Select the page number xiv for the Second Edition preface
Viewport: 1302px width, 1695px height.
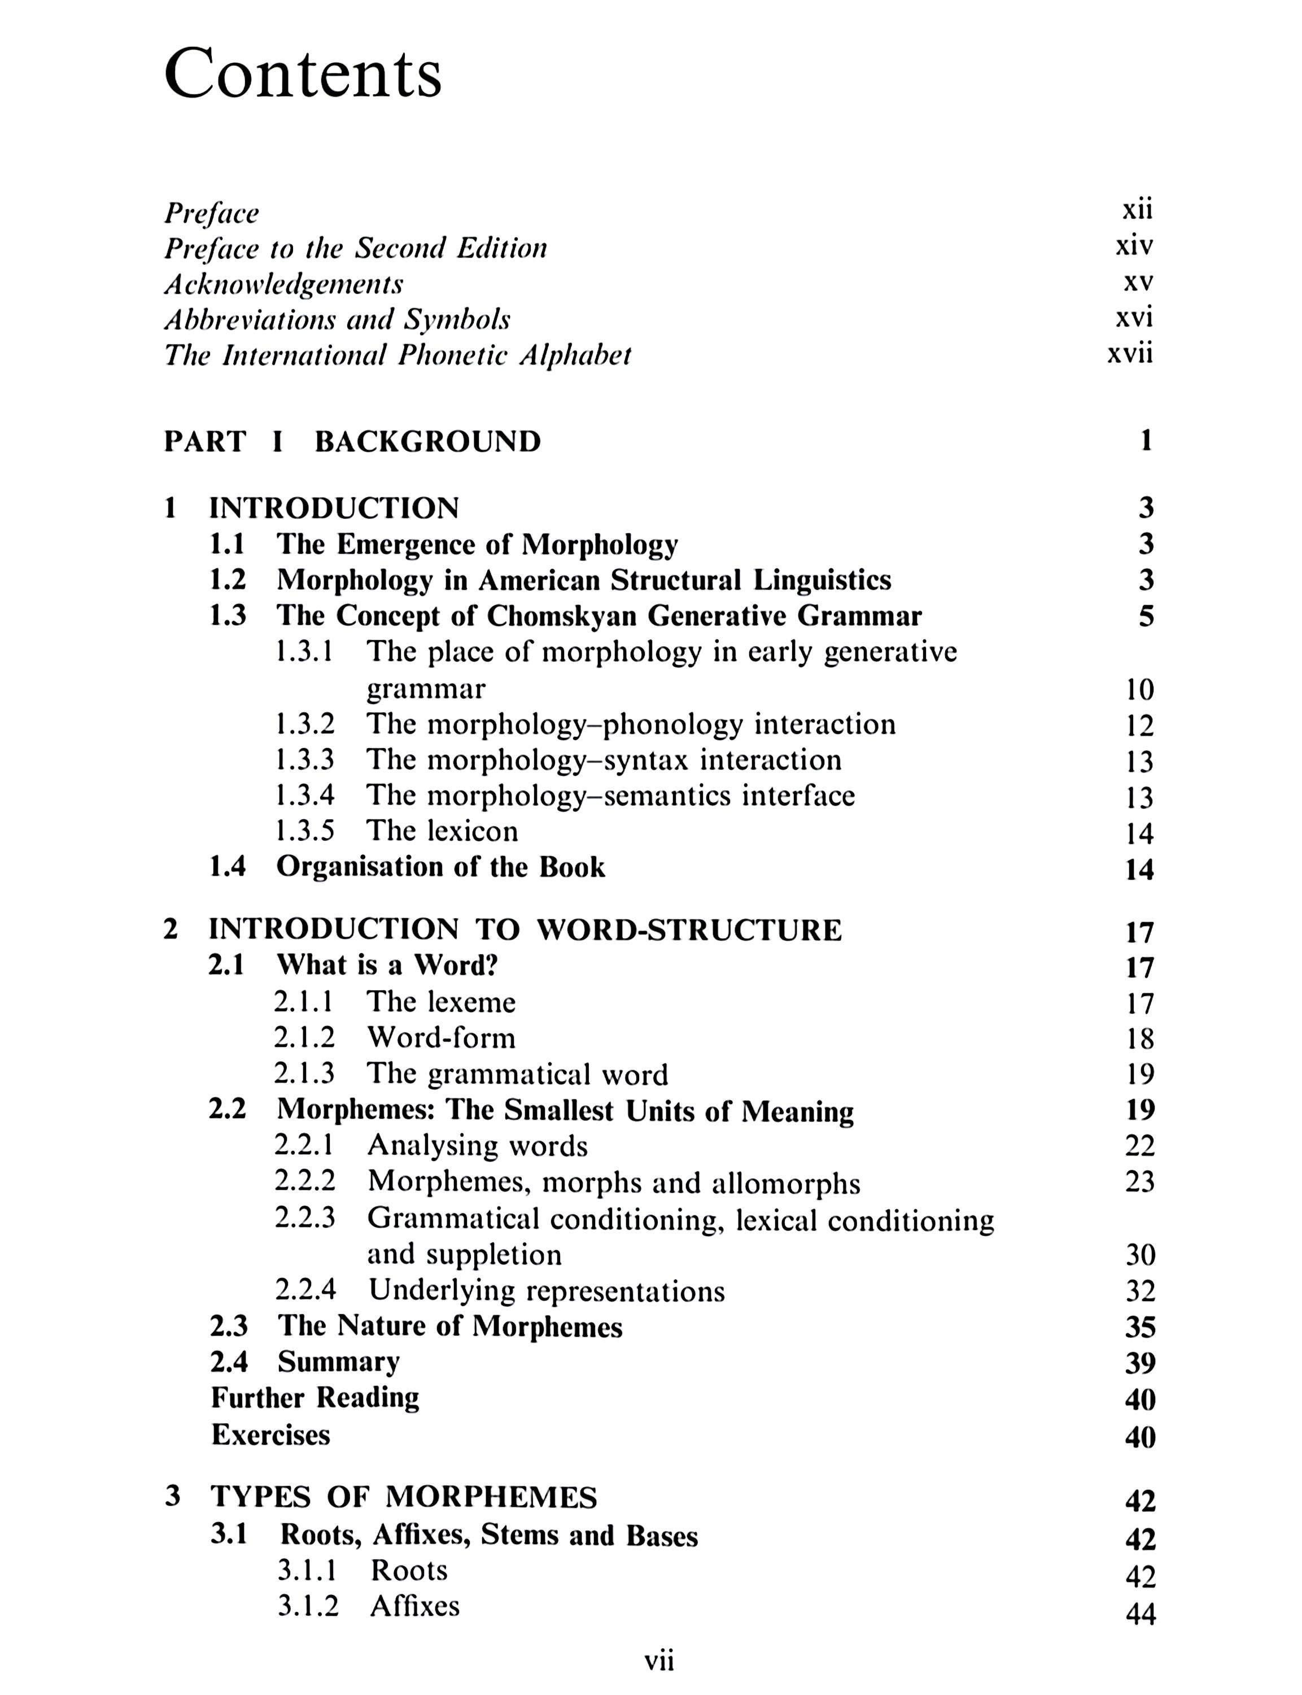[x=1134, y=246]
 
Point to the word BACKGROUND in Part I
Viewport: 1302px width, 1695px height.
[x=428, y=441]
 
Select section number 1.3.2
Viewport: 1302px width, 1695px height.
[x=304, y=724]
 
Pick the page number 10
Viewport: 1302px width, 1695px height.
[x=1139, y=689]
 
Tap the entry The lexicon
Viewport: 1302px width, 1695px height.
[x=442, y=831]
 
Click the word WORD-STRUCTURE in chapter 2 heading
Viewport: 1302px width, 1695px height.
[x=689, y=929]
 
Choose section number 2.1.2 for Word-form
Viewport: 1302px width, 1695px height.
[x=304, y=1037]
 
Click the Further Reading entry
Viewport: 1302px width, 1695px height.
[x=314, y=1398]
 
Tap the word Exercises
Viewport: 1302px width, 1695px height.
[x=270, y=1435]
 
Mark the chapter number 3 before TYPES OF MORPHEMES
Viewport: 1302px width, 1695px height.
[x=172, y=1496]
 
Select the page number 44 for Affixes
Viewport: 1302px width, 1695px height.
[x=1139, y=1614]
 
